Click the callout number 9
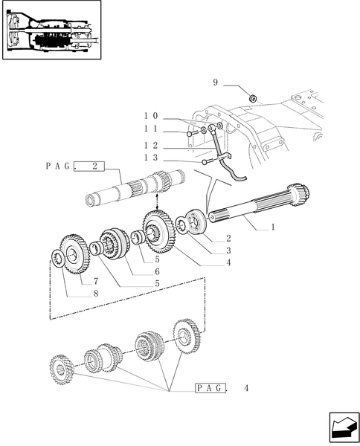(x=216, y=83)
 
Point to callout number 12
(x=151, y=146)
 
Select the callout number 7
(x=96, y=283)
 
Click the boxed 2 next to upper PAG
(x=95, y=167)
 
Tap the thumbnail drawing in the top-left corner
(x=51, y=30)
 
